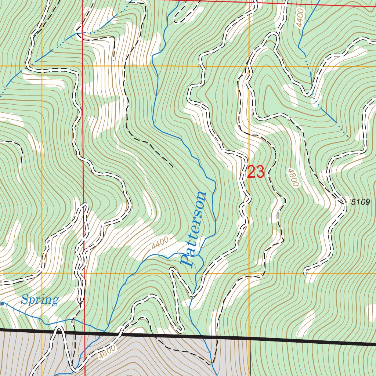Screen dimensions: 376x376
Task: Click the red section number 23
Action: point(256,172)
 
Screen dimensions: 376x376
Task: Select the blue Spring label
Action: point(40,300)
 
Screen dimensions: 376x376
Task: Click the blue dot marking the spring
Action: point(2,304)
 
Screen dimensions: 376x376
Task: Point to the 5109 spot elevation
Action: point(360,202)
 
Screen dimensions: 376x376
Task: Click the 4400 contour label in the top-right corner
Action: point(300,18)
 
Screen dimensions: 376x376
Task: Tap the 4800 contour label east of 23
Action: point(292,178)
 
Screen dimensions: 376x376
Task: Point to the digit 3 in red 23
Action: point(260,172)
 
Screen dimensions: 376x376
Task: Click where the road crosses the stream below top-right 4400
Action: point(312,94)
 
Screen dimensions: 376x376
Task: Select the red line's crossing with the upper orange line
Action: point(83,66)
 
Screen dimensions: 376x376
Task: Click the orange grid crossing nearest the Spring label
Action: point(42,274)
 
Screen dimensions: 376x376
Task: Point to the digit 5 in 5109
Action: point(353,202)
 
